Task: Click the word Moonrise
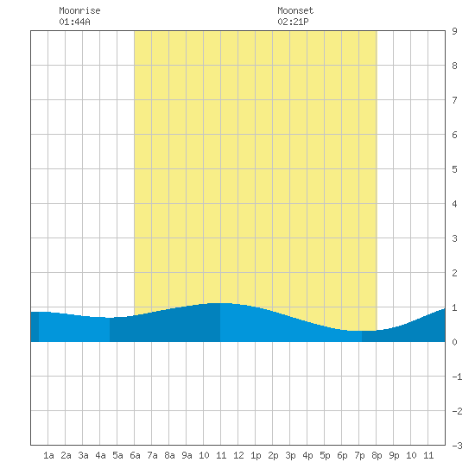pyautogui.click(x=79, y=10)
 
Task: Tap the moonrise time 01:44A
pyautogui.click(x=74, y=22)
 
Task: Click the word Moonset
pyautogui.click(x=295, y=10)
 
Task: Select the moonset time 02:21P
pyautogui.click(x=293, y=22)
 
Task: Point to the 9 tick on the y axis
pyautogui.click(x=454, y=31)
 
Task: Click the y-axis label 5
pyautogui.click(x=454, y=169)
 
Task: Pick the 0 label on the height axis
pyautogui.click(x=454, y=342)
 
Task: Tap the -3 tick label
pyautogui.click(x=457, y=446)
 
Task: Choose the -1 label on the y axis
pyautogui.click(x=457, y=377)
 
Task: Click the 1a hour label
pyautogui.click(x=48, y=455)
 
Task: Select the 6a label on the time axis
pyautogui.click(x=135, y=455)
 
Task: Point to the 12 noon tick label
pyautogui.click(x=238, y=455)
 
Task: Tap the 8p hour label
pyautogui.click(x=377, y=455)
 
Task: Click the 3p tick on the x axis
pyautogui.click(x=290, y=455)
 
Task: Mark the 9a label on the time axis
pyautogui.click(x=187, y=455)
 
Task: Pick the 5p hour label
pyautogui.click(x=325, y=455)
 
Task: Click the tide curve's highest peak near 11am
pyautogui.click(x=220, y=303)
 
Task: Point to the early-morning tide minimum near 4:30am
pyautogui.click(x=109, y=318)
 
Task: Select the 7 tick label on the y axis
pyautogui.click(x=454, y=100)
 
